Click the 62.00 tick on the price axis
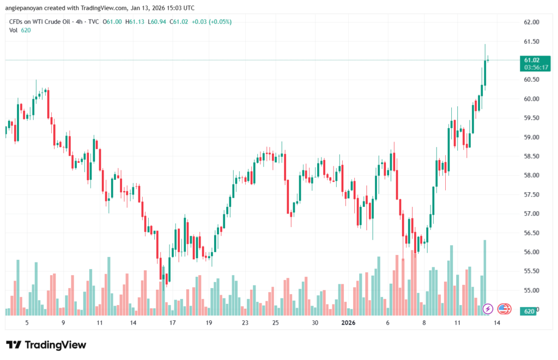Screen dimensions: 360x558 point(531,22)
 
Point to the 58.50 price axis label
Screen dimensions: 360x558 point(531,156)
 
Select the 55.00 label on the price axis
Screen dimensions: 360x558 point(531,290)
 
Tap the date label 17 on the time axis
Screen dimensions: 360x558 point(172,323)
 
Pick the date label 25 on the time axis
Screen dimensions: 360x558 point(275,323)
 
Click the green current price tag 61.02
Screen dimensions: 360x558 point(532,60)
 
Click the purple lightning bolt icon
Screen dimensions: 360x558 point(488,309)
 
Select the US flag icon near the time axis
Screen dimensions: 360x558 point(504,309)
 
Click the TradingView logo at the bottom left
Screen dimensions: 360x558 point(46,345)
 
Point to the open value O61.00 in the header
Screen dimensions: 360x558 point(113,22)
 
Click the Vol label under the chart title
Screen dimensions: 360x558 point(14,30)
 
